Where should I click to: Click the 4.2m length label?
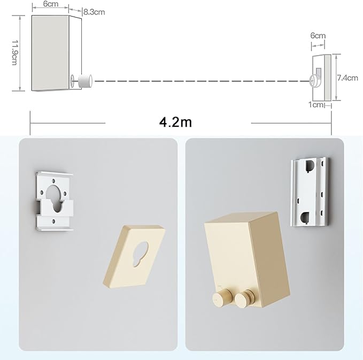pos(175,122)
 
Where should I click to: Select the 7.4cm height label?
pos(347,78)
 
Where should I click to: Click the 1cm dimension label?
pos(316,105)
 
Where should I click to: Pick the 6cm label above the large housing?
pos(50,4)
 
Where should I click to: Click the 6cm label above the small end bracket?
pos(318,36)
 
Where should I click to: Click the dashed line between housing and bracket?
pos(198,81)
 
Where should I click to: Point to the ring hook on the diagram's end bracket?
pos(312,81)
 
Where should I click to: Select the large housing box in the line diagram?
pos(51,53)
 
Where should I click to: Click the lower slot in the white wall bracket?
pos(305,217)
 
